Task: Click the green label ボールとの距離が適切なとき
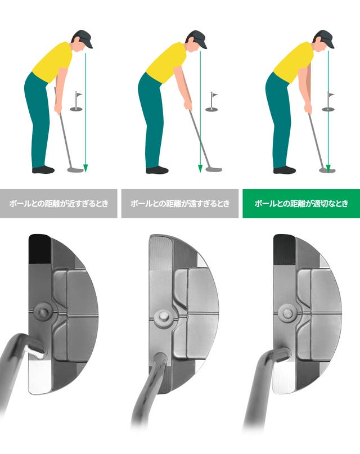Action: pos(301,203)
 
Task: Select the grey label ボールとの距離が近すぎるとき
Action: pos(58,203)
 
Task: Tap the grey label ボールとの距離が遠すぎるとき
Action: pos(179,203)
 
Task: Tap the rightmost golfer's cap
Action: pos(326,37)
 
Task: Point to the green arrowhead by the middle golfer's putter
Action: pos(200,169)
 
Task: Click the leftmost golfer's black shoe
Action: pos(43,170)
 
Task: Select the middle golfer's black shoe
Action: pos(157,170)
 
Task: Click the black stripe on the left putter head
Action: pos(40,249)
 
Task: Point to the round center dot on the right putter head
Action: pos(287,312)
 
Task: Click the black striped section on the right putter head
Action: pos(284,250)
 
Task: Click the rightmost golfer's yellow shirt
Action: pos(293,62)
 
